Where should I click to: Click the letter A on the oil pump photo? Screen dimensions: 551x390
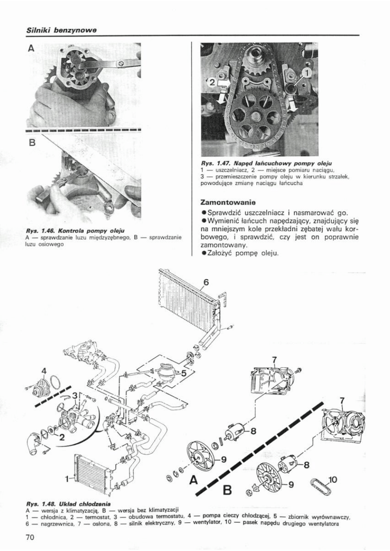[x=31, y=49]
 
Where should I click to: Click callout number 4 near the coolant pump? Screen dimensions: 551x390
[x=44, y=371]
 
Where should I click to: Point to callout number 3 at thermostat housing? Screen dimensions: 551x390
[x=75, y=396]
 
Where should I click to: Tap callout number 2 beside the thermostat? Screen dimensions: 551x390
[x=62, y=438]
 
